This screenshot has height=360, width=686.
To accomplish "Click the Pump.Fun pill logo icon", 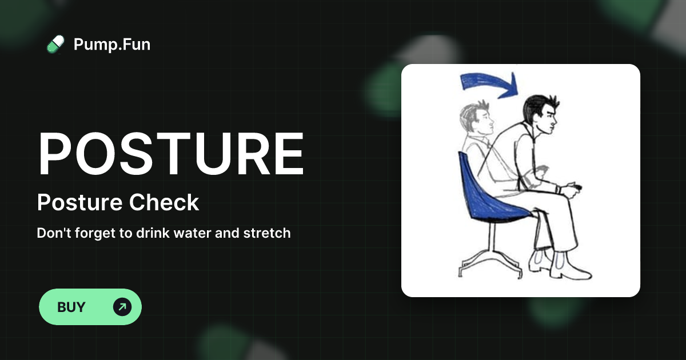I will pos(55,44).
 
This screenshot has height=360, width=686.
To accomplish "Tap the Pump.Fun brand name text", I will pos(112,44).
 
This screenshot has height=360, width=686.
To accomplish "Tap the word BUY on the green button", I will pos(71,307).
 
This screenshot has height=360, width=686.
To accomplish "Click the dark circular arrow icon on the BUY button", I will pos(122,307).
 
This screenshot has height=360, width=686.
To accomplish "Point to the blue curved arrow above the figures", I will pos(489,83).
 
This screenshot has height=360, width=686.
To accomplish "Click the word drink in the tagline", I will pos(141,233).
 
